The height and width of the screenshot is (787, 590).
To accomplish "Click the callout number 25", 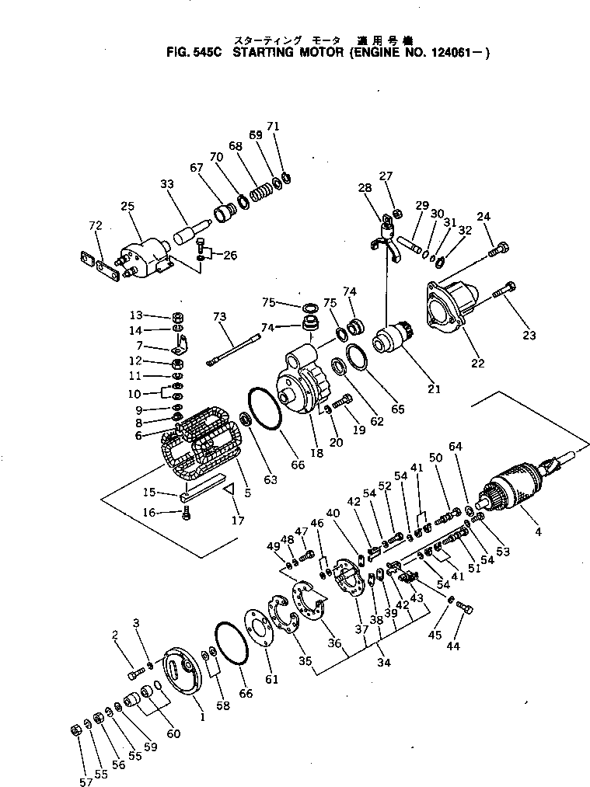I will pyautogui.click(x=128, y=206).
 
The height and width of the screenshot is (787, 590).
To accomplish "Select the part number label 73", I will pyautogui.click(x=220, y=317).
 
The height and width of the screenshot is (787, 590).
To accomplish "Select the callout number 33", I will pyautogui.click(x=167, y=184).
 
